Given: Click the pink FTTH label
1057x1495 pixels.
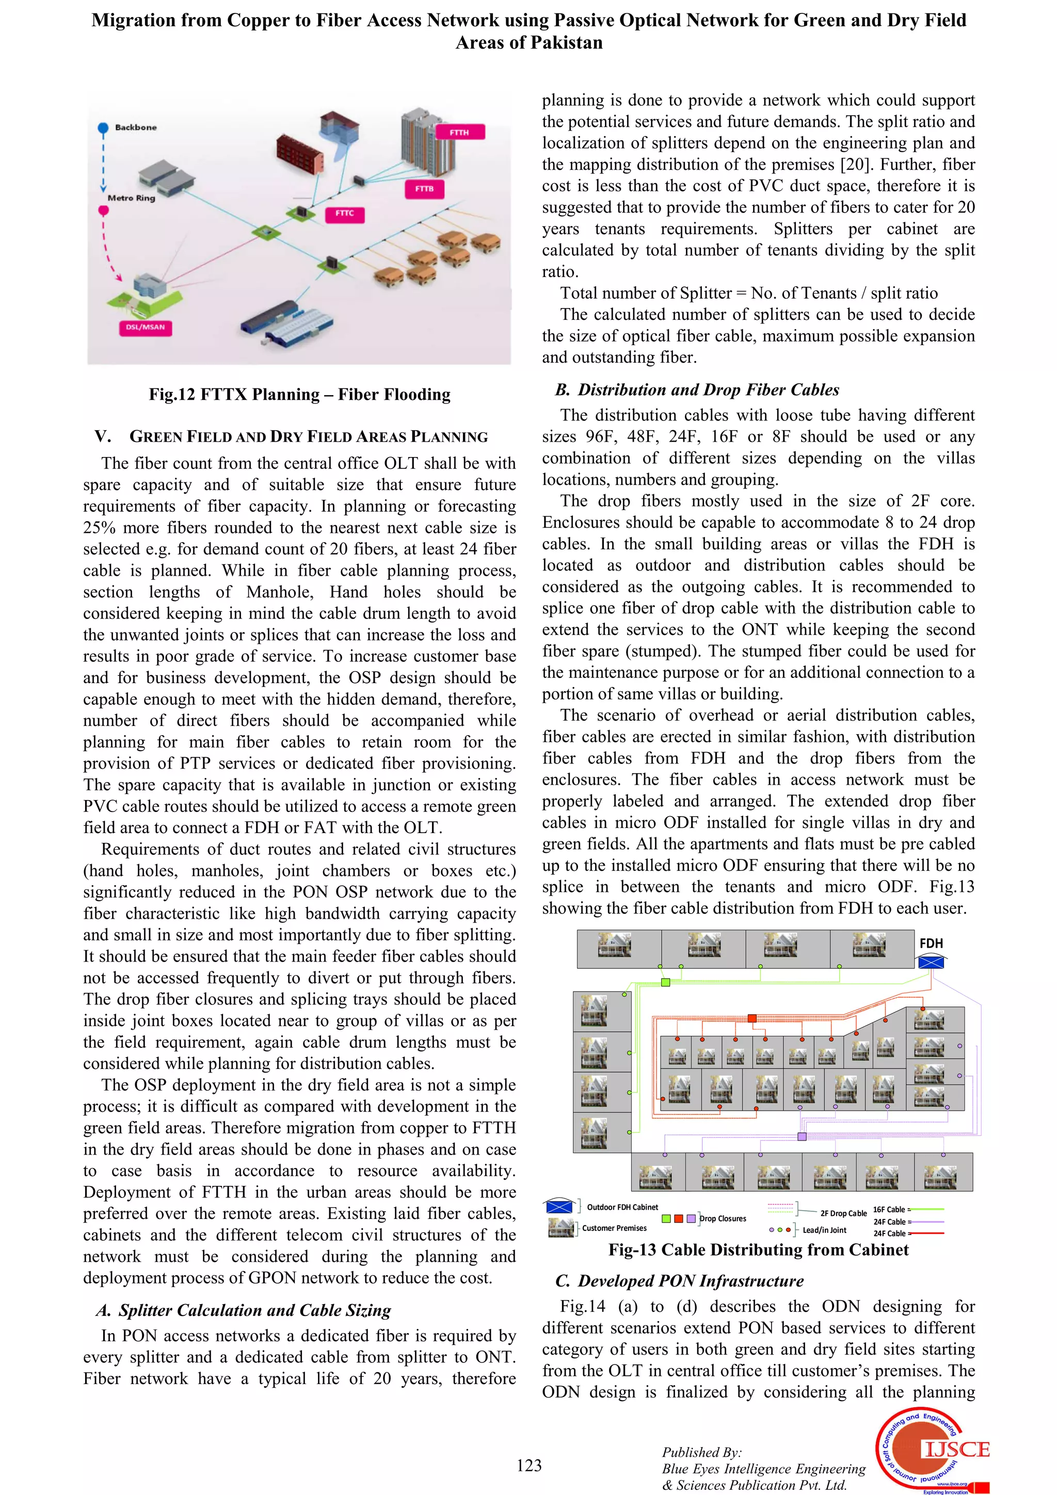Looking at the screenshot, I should tap(459, 132).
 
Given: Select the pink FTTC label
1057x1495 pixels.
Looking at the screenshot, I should tap(345, 214).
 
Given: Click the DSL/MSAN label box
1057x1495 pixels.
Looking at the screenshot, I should tap(145, 328).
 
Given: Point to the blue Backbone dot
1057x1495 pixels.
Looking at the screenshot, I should tap(103, 127).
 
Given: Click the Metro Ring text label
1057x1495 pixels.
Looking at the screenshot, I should tap(132, 198).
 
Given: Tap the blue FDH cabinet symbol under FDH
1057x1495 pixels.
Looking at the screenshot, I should tap(931, 962).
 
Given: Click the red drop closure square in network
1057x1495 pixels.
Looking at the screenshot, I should tap(751, 1018).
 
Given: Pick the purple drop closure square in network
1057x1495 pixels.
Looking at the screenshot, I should tap(802, 1137).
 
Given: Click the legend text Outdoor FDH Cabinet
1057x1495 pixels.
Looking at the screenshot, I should tap(622, 1207).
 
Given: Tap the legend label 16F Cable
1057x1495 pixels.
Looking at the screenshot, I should tap(889, 1209).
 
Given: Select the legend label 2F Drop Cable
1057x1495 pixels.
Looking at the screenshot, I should tap(843, 1213).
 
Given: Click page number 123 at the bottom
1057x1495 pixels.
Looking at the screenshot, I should tap(529, 1465).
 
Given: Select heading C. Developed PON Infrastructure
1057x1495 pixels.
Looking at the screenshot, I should tap(679, 1281).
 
